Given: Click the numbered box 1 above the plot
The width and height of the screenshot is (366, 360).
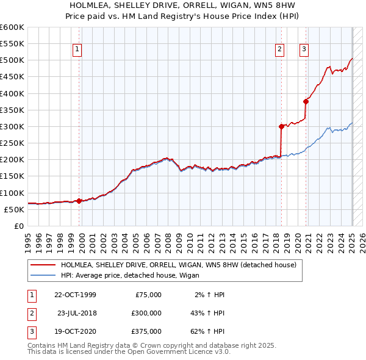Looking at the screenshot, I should [x=79, y=50].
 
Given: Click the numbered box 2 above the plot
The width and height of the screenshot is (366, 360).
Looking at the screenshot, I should [x=279, y=50].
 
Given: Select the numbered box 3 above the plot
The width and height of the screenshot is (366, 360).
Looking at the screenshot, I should [x=304, y=50].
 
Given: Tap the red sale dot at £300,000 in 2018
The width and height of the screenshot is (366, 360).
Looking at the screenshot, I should [x=281, y=127].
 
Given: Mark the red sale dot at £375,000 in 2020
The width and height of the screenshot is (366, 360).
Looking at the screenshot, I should [x=306, y=102].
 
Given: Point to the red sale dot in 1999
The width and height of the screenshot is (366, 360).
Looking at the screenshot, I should [x=79, y=201].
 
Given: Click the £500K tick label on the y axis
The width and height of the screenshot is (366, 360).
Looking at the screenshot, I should [x=12, y=60].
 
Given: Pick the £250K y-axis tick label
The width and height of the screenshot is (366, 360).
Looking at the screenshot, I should [x=12, y=143].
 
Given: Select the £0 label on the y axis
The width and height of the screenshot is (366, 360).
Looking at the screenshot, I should [x=18, y=226].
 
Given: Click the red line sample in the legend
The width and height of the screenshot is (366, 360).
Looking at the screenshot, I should [x=43, y=265].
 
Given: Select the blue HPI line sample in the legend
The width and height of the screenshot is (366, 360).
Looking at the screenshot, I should [x=43, y=276].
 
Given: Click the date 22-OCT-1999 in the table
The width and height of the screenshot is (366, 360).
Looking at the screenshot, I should [x=75, y=295].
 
